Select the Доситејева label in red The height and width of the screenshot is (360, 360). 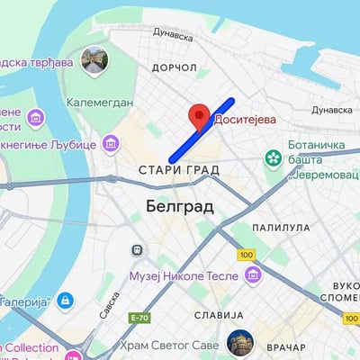245,117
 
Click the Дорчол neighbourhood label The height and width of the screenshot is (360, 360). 174,67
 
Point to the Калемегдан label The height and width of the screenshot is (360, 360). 100,102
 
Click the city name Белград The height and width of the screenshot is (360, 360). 179,207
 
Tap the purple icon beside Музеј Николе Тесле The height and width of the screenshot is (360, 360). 253,274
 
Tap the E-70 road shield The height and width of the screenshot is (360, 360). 139,318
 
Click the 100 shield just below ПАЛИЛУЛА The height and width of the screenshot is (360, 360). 247,255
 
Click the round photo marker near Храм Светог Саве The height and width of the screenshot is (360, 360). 240,343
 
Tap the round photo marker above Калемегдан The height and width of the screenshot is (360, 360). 94,60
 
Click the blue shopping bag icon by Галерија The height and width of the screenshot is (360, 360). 65,300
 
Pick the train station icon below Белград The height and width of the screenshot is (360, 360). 139,249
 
